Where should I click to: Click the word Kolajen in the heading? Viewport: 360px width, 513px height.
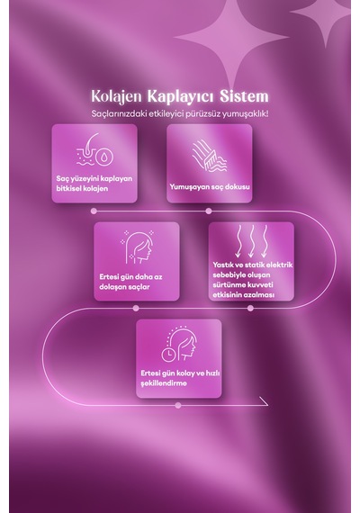[116, 96]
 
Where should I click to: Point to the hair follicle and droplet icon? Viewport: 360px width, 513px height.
[94, 149]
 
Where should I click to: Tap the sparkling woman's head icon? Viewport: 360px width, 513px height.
[137, 247]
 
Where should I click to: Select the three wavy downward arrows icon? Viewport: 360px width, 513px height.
[251, 241]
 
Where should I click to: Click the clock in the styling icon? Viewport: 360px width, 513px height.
[168, 355]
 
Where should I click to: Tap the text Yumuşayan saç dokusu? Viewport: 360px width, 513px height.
[210, 187]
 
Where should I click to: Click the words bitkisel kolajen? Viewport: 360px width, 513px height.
[82, 188]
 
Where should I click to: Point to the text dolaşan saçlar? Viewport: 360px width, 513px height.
[125, 287]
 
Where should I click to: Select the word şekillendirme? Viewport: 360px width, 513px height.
[164, 383]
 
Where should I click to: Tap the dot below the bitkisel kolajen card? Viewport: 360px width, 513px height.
[94, 211]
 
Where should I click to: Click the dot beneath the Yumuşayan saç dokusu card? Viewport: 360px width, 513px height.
[209, 211]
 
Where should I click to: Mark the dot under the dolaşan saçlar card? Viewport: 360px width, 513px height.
[136, 308]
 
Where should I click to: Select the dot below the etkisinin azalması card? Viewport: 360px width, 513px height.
[250, 308]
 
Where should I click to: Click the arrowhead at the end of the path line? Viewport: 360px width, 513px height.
[264, 401]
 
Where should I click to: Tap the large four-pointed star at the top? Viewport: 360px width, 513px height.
[231, 38]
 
